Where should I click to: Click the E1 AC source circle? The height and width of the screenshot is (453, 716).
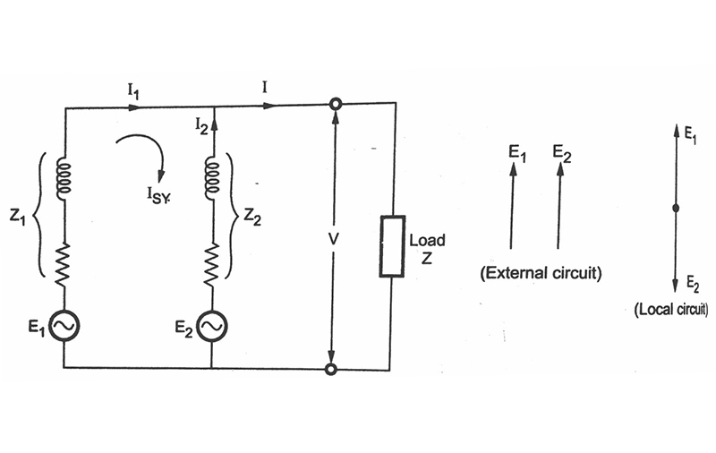tap(64, 326)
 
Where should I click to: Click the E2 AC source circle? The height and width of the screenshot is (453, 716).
tap(212, 326)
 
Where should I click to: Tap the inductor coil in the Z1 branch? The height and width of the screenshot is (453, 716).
tap(64, 178)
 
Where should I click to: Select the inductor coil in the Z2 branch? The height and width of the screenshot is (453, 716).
tap(213, 178)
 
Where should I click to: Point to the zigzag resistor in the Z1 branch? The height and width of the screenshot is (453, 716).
tap(64, 265)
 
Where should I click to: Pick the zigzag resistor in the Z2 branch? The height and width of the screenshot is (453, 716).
tap(212, 265)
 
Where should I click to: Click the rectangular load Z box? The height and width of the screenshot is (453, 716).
tap(392, 246)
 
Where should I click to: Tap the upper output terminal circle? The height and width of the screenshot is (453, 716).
tap(336, 104)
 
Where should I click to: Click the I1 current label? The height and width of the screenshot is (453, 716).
tap(133, 92)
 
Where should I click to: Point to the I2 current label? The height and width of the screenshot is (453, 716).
tap(201, 125)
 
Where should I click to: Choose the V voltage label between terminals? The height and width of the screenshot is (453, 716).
tap(334, 239)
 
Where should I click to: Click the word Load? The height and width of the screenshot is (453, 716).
tap(427, 240)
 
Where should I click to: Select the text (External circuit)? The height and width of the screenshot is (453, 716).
tap(541, 273)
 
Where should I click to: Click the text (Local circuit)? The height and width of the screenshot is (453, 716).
tap(671, 309)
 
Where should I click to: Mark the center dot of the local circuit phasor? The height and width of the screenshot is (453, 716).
tap(676, 209)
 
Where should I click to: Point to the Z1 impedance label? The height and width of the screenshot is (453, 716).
tap(17, 218)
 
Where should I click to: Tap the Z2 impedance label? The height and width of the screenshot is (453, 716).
tap(252, 217)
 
